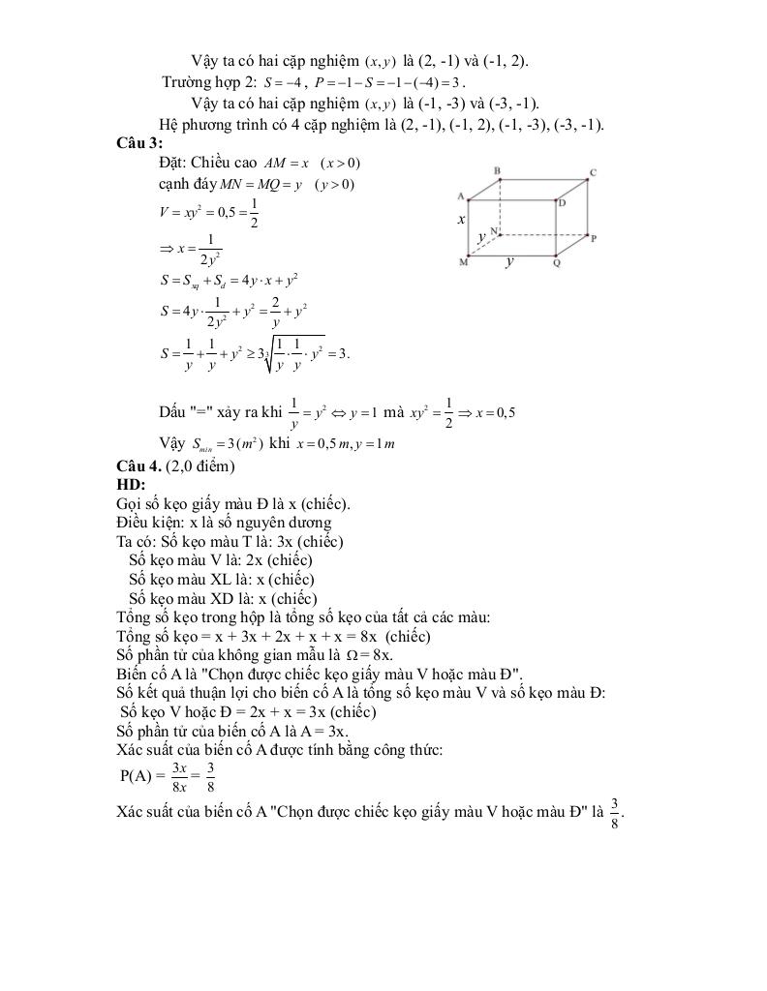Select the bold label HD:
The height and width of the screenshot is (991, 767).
point(131,484)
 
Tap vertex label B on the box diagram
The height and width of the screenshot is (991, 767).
point(498,171)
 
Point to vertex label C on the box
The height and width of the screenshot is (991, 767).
point(592,174)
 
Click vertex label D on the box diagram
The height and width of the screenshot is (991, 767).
point(562,202)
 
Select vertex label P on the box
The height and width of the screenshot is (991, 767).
point(593,237)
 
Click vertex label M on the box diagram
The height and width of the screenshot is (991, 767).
point(463,262)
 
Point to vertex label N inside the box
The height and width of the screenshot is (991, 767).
point(494,231)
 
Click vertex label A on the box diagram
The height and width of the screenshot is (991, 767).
point(461,195)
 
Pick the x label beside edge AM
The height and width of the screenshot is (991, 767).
point(462,221)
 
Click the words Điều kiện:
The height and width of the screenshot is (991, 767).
point(150,523)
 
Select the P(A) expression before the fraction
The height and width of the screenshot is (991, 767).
point(138,776)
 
